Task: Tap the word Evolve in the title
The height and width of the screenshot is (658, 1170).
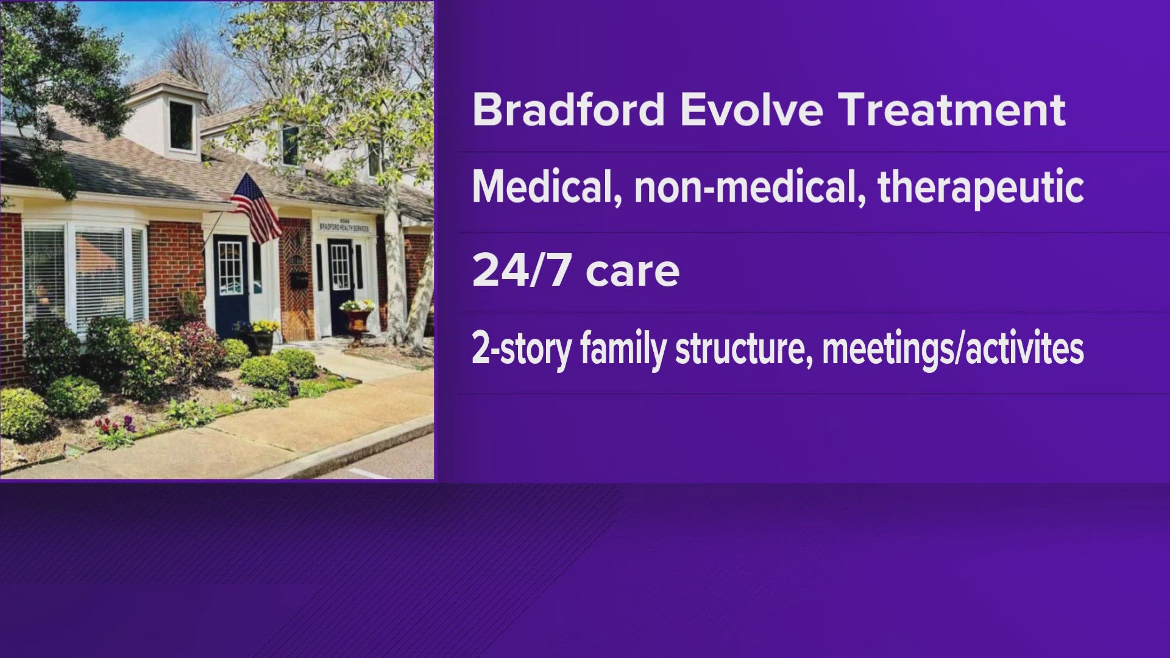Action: coord(751,110)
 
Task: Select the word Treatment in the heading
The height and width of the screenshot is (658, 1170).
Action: coord(952,110)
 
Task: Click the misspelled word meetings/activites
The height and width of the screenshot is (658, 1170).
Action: coord(952,350)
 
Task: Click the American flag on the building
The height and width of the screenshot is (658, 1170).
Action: coord(256,207)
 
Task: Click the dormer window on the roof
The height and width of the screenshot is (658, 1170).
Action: coord(180,125)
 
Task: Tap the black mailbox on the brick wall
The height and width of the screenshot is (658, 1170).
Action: coord(299,280)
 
